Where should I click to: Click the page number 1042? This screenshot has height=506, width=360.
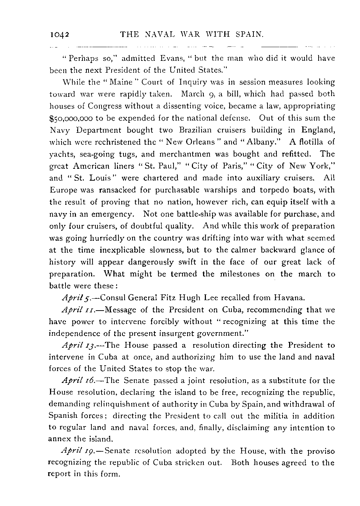click(59, 35)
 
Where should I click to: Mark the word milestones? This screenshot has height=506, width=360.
click(238, 274)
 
